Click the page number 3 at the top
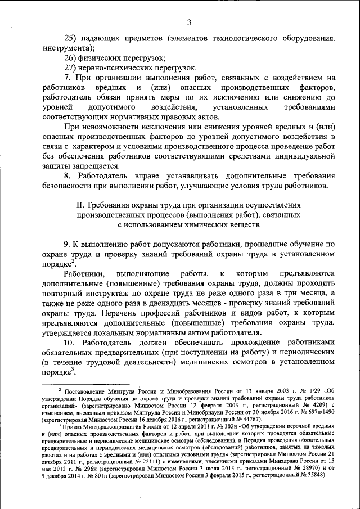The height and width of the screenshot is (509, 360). pyautogui.click(x=190, y=22)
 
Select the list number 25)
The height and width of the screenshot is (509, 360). pyautogui.click(x=71, y=38)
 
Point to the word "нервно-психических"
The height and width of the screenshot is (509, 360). pyautogui.click(x=115, y=67)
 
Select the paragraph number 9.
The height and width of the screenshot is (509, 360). pyautogui.click(x=66, y=244)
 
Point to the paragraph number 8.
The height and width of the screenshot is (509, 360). pyautogui.click(x=67, y=176)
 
